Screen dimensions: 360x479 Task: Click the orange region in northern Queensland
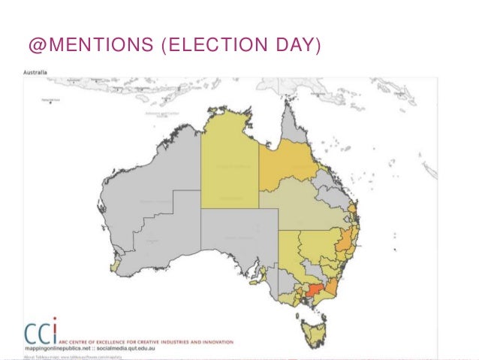[x=289, y=165]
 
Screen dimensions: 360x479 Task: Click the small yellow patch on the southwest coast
[x=114, y=265]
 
